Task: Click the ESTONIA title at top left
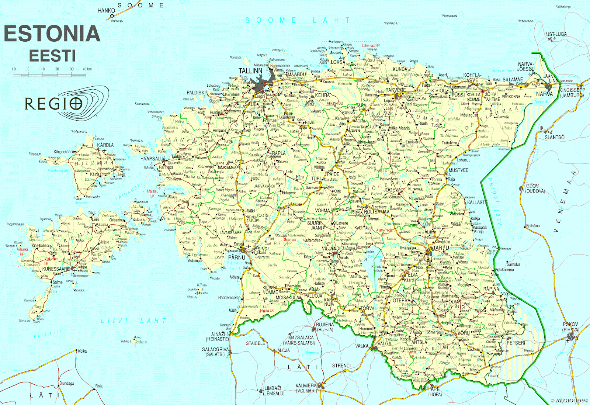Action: pyautogui.click(x=52, y=34)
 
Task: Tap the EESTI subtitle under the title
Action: pyautogui.click(x=52, y=56)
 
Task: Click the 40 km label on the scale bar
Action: pyautogui.click(x=87, y=69)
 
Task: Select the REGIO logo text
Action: pyautogui.click(x=53, y=104)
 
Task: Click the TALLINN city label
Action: pyautogui.click(x=250, y=71)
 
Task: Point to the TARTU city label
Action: pyautogui.click(x=441, y=248)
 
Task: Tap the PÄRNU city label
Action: pyautogui.click(x=236, y=257)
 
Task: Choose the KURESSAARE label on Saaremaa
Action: pyautogui.click(x=56, y=269)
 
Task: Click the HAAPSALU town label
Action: pyautogui.click(x=152, y=159)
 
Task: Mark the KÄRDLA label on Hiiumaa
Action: pyautogui.click(x=105, y=145)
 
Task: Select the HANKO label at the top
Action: pyautogui.click(x=106, y=10)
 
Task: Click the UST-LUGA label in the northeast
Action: pyautogui.click(x=556, y=34)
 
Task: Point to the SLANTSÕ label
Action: pyautogui.click(x=555, y=137)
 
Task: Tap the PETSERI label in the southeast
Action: pyautogui.click(x=516, y=343)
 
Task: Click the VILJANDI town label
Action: pyautogui.click(x=331, y=249)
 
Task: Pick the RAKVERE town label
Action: pyautogui.click(x=395, y=90)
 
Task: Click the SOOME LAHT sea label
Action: pyautogui.click(x=298, y=20)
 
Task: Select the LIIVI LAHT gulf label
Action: pyautogui.click(x=133, y=321)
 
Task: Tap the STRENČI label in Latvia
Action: pyautogui.click(x=341, y=366)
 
